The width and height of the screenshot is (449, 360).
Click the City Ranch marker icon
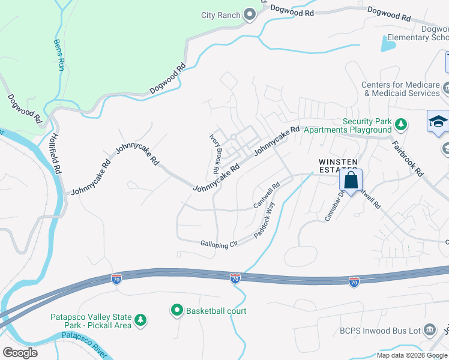tap(250, 16)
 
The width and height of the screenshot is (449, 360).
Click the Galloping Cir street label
tap(219, 243)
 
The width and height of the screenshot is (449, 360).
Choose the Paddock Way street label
tap(264, 221)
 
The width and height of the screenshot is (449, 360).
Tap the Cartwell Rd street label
tap(266, 196)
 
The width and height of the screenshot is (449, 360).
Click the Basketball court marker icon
tap(177, 311)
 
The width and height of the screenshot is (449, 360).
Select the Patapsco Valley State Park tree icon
tap(140, 320)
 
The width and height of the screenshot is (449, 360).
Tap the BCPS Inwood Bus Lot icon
tap(429, 329)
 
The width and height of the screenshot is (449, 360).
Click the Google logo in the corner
tap(20, 352)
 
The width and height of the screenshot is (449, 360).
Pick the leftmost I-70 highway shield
tap(116, 279)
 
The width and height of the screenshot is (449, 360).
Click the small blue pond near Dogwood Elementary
tap(388, 43)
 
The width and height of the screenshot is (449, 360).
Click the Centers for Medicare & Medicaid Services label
tap(400, 89)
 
